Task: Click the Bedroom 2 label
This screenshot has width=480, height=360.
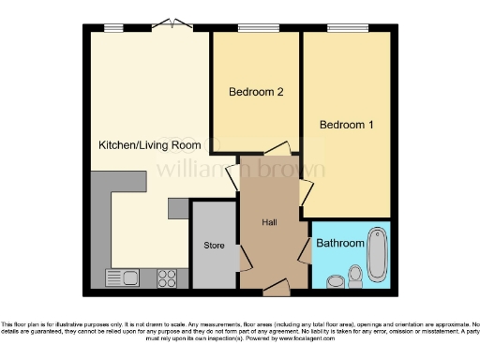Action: (x=256, y=92)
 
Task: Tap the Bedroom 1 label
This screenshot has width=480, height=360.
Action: (x=346, y=125)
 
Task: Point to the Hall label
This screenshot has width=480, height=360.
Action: (x=270, y=222)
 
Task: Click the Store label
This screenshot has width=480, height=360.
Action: (x=215, y=246)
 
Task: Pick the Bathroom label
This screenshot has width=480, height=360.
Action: (x=339, y=244)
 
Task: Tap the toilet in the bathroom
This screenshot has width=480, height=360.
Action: (x=355, y=275)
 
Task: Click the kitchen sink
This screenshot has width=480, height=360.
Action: (x=121, y=277)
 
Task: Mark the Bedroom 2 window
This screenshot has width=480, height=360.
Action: (x=254, y=28)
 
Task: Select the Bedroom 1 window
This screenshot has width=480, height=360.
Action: (x=345, y=28)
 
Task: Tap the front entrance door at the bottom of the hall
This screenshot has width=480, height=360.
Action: (x=274, y=283)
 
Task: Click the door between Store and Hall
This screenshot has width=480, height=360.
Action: (x=238, y=251)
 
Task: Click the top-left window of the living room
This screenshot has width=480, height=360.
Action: (x=113, y=28)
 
